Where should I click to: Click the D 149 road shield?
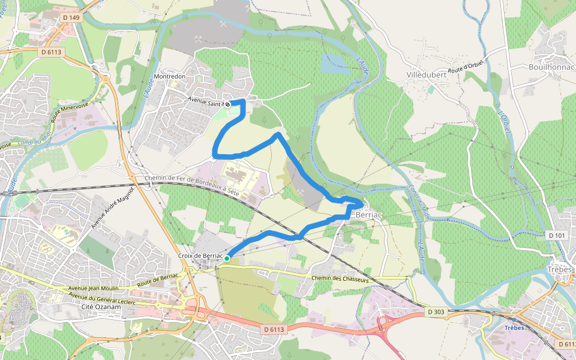71,17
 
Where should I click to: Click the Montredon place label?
170,77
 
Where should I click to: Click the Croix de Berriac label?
200,256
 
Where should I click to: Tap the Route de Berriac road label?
158,279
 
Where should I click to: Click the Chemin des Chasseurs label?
339,278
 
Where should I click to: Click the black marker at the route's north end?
228,104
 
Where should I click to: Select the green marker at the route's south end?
227,258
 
